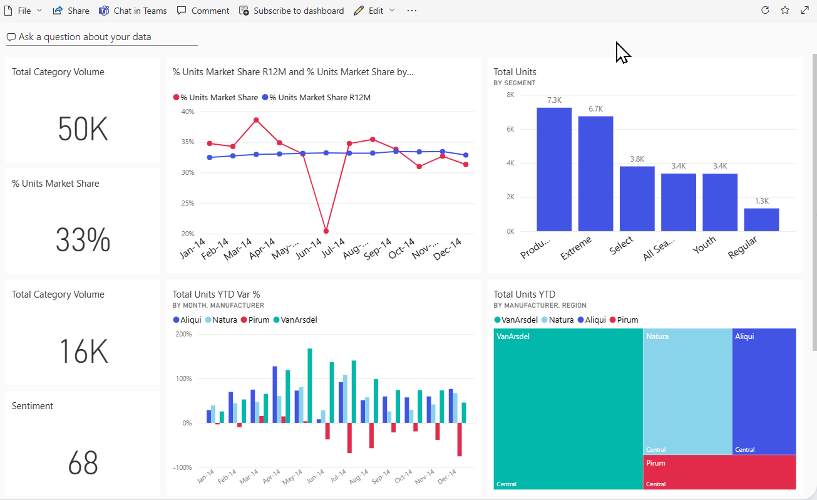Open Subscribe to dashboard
point(292,11)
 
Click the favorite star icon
point(784,11)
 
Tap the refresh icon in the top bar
point(764,11)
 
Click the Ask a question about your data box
point(101,37)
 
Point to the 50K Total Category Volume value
point(83,130)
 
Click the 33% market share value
point(83,241)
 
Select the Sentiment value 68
point(83,463)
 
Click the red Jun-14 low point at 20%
point(326,231)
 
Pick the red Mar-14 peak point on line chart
point(256,120)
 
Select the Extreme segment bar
point(595,174)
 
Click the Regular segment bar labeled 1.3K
point(761,220)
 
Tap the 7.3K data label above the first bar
point(554,100)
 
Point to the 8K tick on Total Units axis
point(510,95)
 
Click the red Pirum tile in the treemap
point(719,472)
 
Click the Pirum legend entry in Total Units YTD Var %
point(255,320)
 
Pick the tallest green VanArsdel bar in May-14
point(309,385)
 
